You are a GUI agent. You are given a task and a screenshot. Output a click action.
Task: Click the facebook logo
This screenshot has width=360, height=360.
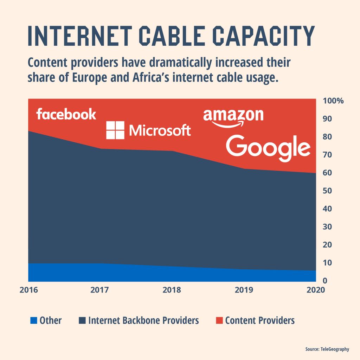[x=66, y=114]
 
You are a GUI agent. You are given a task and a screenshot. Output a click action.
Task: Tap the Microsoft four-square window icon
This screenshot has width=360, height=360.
[x=115, y=130]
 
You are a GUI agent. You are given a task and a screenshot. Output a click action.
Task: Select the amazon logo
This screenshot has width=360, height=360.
[x=233, y=118]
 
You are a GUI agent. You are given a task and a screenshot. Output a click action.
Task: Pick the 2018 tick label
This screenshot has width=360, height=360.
[x=172, y=290]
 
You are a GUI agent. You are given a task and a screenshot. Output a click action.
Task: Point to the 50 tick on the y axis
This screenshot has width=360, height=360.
[x=328, y=191]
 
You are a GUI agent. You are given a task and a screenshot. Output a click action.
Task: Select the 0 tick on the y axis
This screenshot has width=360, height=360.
[x=325, y=281]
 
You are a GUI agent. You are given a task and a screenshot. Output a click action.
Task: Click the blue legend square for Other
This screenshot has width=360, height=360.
[x=34, y=320]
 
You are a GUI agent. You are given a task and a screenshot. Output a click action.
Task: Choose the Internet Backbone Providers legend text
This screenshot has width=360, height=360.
[x=143, y=321]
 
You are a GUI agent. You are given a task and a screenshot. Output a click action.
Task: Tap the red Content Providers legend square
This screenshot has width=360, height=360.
[x=219, y=320]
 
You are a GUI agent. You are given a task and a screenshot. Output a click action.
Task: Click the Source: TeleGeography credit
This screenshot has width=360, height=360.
[x=327, y=349]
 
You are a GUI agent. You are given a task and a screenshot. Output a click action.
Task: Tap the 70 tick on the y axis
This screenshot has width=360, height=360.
[x=328, y=155]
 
